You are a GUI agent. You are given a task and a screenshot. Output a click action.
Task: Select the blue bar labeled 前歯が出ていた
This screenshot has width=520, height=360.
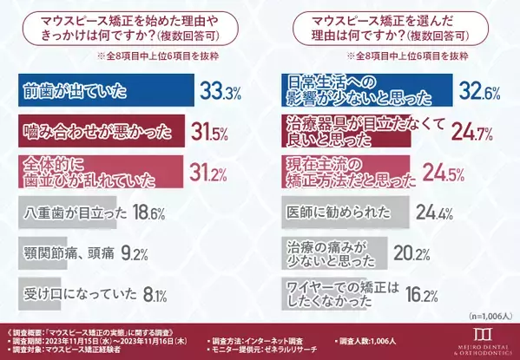(x=105, y=91)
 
